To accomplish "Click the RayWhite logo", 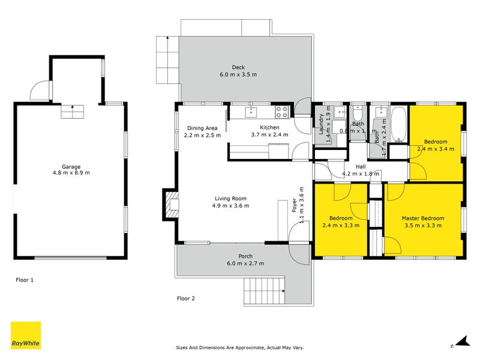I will click(26, 335).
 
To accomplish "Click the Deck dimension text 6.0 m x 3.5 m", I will click(238, 75).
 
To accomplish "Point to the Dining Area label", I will click(202, 128).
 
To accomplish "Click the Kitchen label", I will click(269, 127).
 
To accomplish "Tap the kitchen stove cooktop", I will click(281, 112).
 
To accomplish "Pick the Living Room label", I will click(231, 199).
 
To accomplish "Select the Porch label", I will click(245, 256).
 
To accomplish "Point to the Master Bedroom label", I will click(423, 218).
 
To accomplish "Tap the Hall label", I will click(361, 167).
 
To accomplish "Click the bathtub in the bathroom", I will click(398, 124).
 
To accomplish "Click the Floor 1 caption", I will click(25, 280).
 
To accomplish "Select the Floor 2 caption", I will click(185, 298).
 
